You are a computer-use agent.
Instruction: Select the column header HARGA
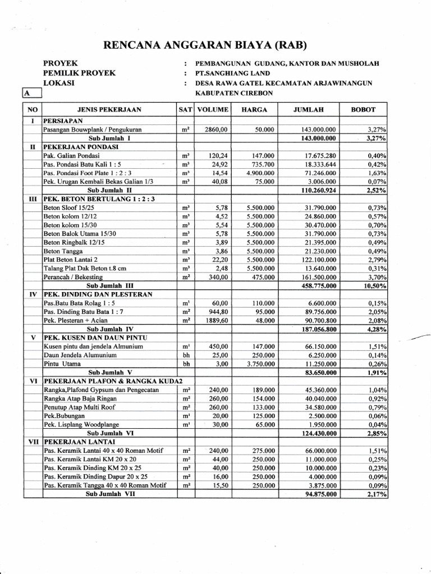(254, 110)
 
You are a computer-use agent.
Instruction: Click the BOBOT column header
(363, 110)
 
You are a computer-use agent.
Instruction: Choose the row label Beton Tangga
(64, 252)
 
